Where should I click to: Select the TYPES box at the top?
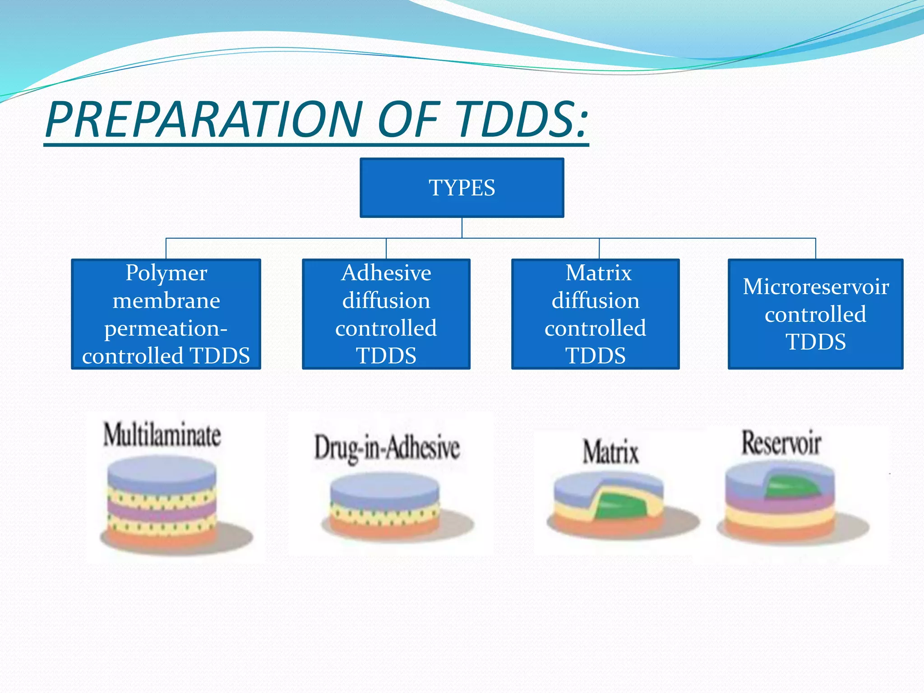462,187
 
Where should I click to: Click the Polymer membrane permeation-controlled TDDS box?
166,314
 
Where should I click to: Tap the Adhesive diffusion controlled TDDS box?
386,314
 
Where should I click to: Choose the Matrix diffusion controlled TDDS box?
595,314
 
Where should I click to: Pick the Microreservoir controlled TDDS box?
815,314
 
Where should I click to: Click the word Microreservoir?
815,287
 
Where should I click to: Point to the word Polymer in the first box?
166,273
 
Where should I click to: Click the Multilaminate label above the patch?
162,435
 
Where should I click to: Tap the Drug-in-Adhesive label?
387,448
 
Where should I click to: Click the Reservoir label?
781,443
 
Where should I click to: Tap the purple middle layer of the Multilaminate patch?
162,512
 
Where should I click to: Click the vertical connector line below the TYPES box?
462,228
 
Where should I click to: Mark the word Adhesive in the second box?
386,273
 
